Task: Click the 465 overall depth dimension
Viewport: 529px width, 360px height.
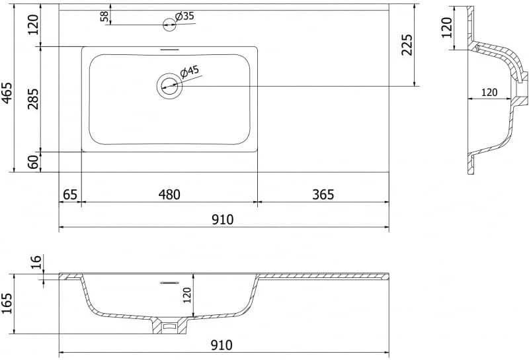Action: coord(7,93)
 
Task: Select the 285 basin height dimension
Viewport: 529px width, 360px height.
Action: coord(33,99)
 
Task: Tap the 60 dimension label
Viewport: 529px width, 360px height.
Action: coord(33,162)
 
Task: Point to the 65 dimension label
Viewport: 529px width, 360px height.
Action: coord(70,195)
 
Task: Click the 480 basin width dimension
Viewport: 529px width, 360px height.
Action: coord(169,195)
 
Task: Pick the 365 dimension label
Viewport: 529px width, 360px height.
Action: coord(323,195)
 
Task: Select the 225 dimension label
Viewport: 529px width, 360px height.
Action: coord(407,44)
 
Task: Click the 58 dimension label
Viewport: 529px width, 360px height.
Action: coord(104,17)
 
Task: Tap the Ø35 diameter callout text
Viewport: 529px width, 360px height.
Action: coord(185,15)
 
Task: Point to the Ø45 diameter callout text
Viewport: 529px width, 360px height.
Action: coord(189,71)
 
